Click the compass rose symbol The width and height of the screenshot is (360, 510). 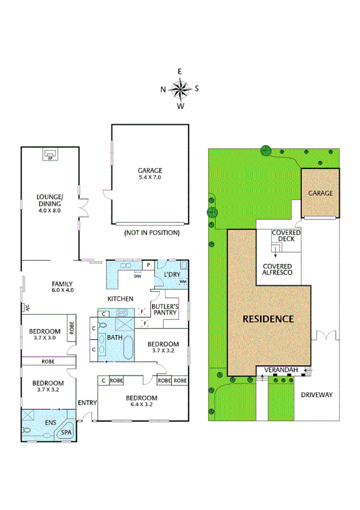(x=180, y=89)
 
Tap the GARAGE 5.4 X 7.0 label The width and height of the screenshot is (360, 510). (x=150, y=174)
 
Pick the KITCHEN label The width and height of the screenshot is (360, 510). (x=120, y=299)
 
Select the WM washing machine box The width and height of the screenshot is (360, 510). (x=182, y=281)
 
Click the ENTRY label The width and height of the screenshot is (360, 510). (x=87, y=403)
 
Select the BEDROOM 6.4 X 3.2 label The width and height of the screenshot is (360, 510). (x=142, y=401)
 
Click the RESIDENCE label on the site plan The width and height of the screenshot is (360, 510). (x=268, y=319)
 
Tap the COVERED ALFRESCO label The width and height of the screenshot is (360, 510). (x=277, y=269)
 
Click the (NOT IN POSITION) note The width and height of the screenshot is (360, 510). (x=151, y=232)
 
